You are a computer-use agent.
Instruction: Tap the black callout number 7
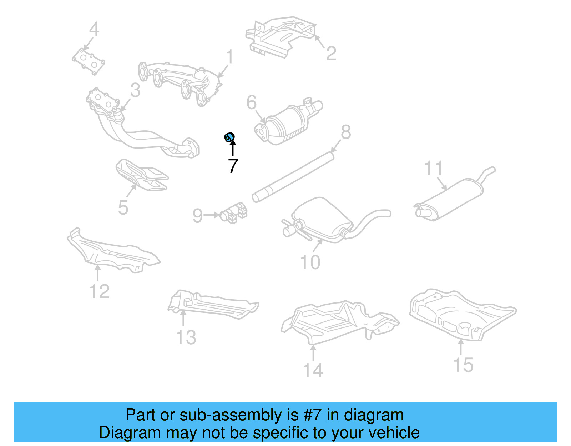pos(233,166)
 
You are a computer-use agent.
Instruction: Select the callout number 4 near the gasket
pos(94,29)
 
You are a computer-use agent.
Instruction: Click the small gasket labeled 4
pos(89,62)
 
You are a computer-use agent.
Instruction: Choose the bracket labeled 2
pos(280,36)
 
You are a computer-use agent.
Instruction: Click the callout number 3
pos(135,90)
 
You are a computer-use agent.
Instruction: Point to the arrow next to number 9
pos(212,215)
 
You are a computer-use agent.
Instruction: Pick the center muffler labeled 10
pos(321,218)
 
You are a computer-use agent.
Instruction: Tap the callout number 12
pos(99,291)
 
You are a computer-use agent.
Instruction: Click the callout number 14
pos(313,370)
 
